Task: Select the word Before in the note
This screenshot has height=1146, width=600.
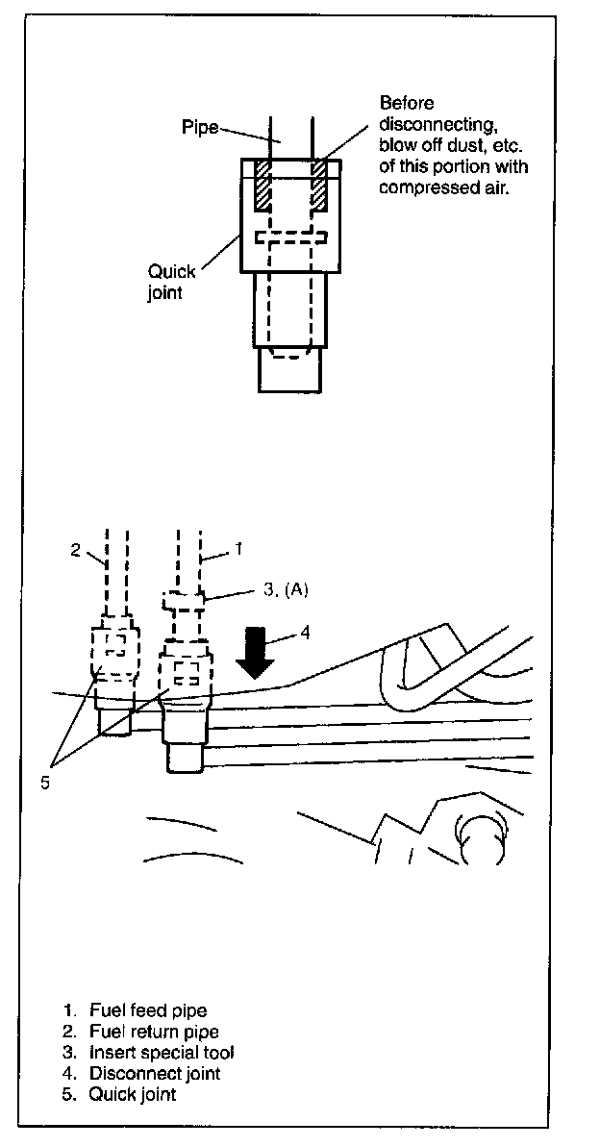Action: tap(407, 103)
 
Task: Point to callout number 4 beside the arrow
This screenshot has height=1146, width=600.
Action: tap(305, 633)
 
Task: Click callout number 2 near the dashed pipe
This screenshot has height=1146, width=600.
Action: tap(75, 551)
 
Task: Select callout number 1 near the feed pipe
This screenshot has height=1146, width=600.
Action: tap(237, 551)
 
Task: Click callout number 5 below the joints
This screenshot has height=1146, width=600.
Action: tap(44, 781)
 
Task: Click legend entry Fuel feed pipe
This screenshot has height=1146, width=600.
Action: tap(148, 1010)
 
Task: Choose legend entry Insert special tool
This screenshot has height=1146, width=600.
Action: tap(162, 1053)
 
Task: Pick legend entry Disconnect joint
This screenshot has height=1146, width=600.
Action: tap(154, 1073)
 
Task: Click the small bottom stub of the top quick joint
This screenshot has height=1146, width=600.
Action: tap(287, 370)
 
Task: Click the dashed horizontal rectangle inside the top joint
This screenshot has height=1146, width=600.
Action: tap(291, 237)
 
